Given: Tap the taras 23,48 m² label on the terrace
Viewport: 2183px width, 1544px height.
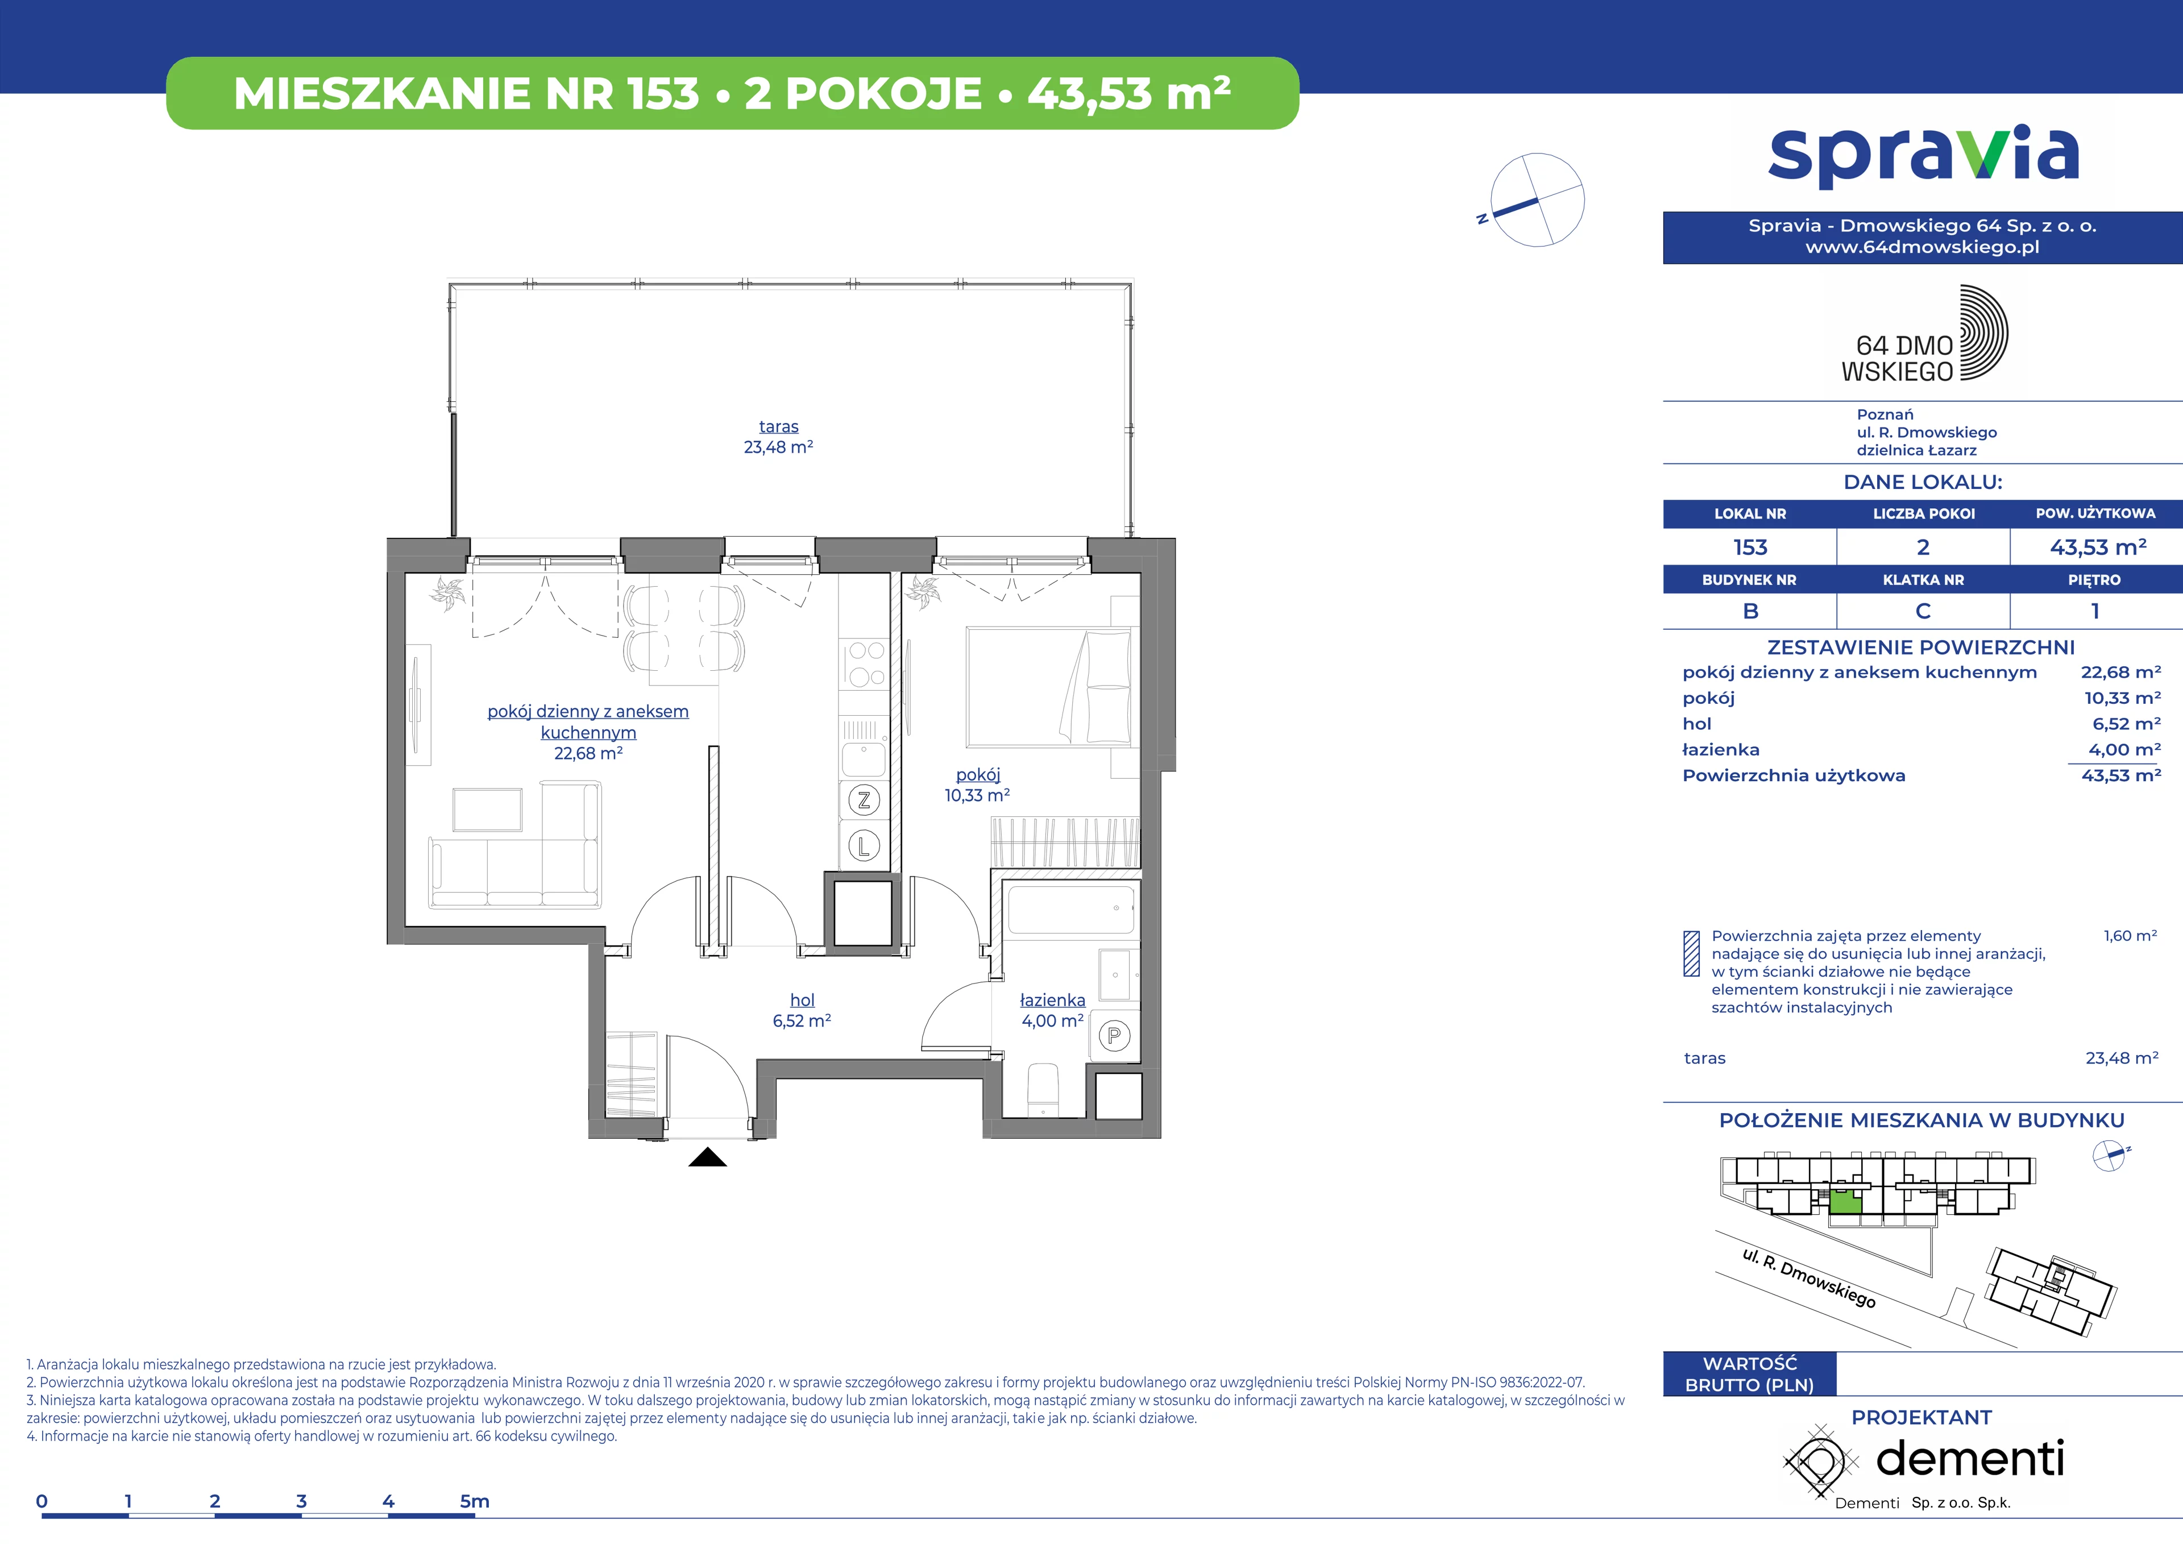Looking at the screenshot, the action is point(779,437).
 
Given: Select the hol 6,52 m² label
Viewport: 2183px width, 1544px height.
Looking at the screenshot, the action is point(802,1010).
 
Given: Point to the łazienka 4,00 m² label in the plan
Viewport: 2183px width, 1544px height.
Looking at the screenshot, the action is point(1052,1010).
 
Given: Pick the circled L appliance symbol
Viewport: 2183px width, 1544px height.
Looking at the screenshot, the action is point(864,845).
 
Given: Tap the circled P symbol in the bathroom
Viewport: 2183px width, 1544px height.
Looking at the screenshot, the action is point(1114,1035).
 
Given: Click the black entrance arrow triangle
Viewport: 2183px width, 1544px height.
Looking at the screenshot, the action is point(707,1157).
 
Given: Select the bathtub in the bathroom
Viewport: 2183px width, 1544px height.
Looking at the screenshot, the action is point(1070,910).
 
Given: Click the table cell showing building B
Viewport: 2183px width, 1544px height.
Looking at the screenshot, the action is point(1749,611).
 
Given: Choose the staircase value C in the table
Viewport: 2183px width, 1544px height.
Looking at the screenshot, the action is point(1923,611).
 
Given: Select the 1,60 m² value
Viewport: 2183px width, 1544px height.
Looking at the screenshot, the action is point(2130,936).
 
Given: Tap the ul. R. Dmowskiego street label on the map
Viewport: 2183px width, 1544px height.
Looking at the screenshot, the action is point(1808,1279).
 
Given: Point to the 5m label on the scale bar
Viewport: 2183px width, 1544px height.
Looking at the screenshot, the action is point(475,1501).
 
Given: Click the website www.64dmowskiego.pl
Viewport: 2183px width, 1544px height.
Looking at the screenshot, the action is point(1923,247).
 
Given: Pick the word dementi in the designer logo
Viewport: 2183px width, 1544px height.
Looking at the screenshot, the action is point(1970,1458).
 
